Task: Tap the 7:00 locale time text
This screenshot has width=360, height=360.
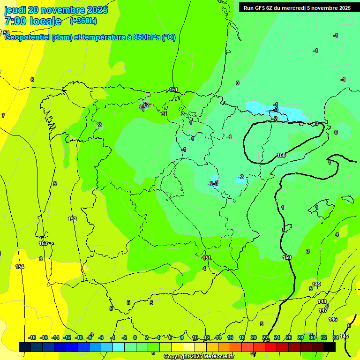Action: click(x=33, y=21)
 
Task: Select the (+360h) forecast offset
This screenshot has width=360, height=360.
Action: click(x=83, y=21)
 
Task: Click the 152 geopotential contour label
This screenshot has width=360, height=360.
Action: click(x=72, y=219)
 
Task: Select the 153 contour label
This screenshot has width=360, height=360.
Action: click(x=43, y=243)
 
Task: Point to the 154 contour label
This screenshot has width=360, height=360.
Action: click(x=20, y=267)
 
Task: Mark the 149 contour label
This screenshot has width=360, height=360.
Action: click(x=316, y=284)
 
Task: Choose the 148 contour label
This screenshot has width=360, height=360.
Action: click(x=322, y=301)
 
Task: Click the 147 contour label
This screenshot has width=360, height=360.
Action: click(x=323, y=310)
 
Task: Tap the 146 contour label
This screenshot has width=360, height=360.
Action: click(x=333, y=319)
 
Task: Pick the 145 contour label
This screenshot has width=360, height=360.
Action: click(x=344, y=336)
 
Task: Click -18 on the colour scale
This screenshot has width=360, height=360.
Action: click(x=32, y=337)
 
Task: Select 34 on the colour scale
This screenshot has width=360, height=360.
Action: click(x=336, y=337)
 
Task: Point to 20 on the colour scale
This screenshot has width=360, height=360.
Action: click(x=254, y=337)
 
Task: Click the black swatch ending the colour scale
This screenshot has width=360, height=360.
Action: click(x=330, y=347)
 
